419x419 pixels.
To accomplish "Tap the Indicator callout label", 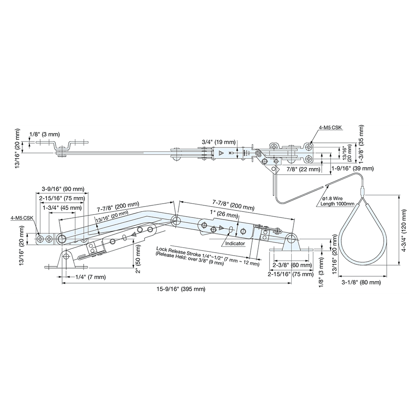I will coord(235,243).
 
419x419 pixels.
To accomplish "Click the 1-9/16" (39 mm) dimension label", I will coord(352,168).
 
